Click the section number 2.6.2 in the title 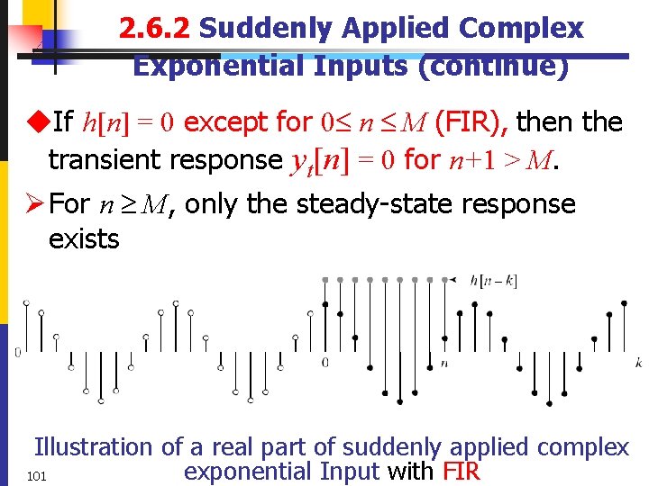click(154, 29)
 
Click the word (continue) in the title click(494, 66)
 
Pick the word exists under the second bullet click(84, 238)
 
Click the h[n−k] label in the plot click(493, 280)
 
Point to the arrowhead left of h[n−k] click(459, 280)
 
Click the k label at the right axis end click(638, 362)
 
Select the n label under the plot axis click(444, 363)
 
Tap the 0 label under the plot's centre click(325, 363)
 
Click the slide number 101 click(37, 475)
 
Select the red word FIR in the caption click(461, 471)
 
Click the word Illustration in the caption click(94, 446)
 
